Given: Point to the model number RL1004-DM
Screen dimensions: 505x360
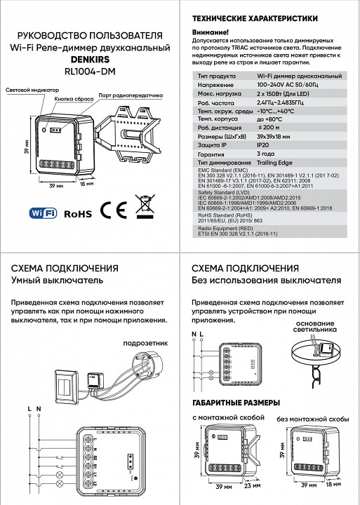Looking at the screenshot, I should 91,70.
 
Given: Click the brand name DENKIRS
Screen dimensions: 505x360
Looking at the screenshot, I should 91,59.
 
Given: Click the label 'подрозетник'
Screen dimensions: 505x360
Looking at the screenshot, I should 140,344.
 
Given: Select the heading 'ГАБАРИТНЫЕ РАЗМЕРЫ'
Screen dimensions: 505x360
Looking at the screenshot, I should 236,403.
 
